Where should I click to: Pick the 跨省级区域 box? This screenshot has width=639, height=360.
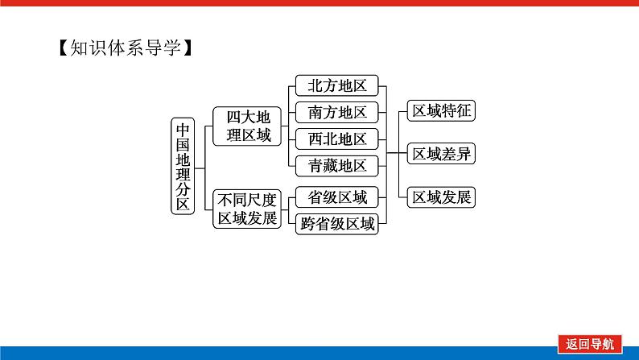(337, 224)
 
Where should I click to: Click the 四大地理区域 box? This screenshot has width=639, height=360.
(249, 126)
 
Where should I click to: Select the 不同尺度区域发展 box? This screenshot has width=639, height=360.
(249, 209)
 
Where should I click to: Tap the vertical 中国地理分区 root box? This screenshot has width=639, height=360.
(183, 166)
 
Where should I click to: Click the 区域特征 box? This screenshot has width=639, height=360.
(441, 111)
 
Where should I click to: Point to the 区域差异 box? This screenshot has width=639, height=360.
(441, 154)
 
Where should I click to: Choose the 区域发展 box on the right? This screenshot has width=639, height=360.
(441, 197)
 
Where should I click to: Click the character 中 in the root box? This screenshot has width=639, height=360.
(183, 129)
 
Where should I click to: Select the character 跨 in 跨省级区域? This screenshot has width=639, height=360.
(307, 224)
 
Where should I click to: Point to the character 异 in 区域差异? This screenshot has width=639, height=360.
(463, 154)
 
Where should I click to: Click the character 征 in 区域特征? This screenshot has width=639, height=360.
(463, 111)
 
